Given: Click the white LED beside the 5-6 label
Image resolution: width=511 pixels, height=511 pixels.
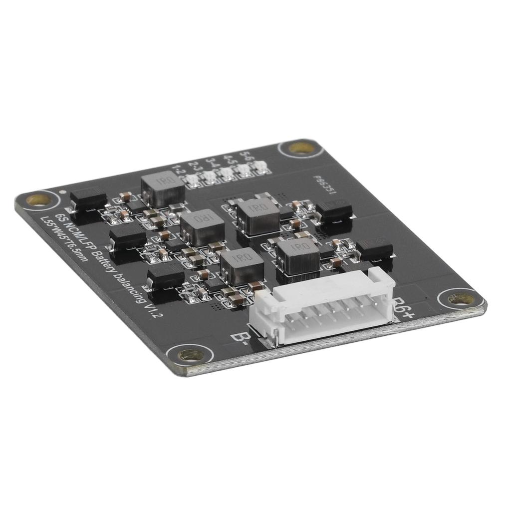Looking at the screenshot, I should tap(261, 168).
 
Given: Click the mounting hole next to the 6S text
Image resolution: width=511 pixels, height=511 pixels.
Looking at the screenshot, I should tap(38, 200).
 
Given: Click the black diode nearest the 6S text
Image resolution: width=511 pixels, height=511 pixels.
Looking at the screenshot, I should tap(88, 200).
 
